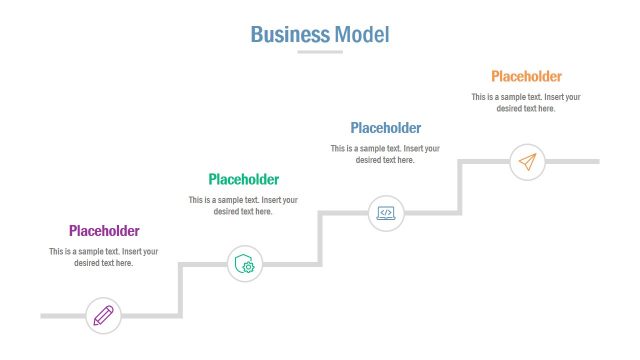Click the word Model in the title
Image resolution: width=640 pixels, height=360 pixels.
(x=362, y=34)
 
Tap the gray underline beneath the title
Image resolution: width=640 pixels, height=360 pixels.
(x=320, y=52)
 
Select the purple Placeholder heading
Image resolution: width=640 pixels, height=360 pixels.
(x=104, y=231)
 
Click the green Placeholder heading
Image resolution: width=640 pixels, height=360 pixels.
(x=243, y=179)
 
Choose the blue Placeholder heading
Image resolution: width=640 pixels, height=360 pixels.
(x=385, y=128)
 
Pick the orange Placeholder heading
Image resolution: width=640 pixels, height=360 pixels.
(x=526, y=76)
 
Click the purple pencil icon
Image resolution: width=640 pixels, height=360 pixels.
(x=103, y=316)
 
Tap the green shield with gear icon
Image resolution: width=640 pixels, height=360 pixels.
(x=244, y=264)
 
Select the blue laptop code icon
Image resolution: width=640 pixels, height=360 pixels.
(x=385, y=212)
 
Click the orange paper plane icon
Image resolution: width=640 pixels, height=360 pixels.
(x=527, y=161)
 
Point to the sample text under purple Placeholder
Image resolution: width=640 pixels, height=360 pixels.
(x=104, y=257)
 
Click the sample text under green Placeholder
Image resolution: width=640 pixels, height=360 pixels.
(x=243, y=205)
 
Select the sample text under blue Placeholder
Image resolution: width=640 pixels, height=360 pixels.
(x=385, y=154)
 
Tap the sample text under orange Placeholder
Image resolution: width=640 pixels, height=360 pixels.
(x=526, y=102)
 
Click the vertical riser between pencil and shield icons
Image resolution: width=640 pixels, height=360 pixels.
(x=181, y=290)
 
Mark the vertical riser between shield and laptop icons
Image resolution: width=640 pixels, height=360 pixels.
(x=321, y=238)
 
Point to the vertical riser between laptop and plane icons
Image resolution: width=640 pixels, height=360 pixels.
(x=461, y=186)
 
